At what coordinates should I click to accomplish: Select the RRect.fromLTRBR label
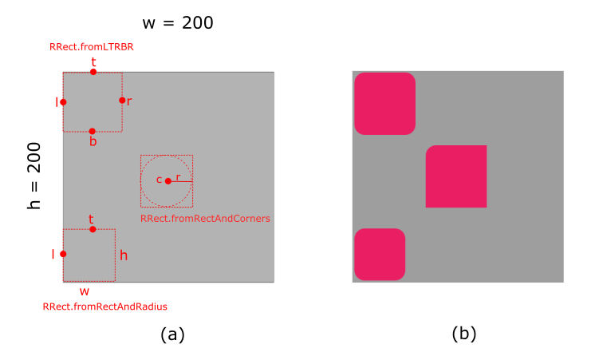(91, 47)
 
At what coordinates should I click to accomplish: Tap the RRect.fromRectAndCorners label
(205, 218)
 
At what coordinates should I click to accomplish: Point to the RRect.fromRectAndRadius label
(104, 306)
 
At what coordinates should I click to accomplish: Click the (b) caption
(463, 334)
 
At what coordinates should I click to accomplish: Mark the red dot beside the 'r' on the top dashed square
(122, 101)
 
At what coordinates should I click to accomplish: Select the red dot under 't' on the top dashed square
(93, 72)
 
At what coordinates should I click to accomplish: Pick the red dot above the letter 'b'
(93, 131)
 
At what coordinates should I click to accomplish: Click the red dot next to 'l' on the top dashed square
(63, 101)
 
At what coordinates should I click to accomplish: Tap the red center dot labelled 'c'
(167, 181)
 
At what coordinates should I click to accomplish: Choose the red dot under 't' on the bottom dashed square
(93, 230)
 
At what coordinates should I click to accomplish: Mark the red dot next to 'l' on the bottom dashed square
(63, 254)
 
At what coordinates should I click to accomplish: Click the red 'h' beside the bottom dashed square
(124, 255)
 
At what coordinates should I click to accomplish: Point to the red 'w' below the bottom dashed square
(85, 291)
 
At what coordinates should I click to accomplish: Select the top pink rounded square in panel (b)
(384, 103)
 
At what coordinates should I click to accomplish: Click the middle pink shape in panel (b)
(457, 176)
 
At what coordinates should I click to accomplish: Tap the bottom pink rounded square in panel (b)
(380, 255)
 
